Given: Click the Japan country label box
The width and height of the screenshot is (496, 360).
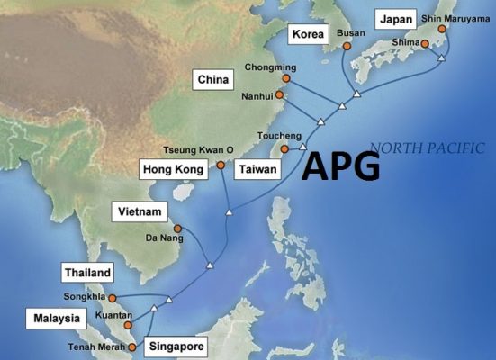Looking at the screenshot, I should point(395,19).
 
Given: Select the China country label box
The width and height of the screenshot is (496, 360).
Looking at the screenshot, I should point(215,81).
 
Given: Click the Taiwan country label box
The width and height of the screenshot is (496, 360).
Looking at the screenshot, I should point(257,169).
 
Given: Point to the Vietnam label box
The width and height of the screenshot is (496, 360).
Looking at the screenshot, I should point(140,212).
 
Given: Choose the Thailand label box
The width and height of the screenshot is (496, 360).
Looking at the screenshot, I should point(87,273).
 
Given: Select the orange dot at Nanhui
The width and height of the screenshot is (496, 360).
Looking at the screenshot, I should point(280,94).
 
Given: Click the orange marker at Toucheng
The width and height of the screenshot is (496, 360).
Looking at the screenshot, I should point(284,149).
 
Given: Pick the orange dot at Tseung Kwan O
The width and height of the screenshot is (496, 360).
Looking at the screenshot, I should point(221,166).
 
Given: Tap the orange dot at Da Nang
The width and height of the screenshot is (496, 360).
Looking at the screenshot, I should point(177,229).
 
